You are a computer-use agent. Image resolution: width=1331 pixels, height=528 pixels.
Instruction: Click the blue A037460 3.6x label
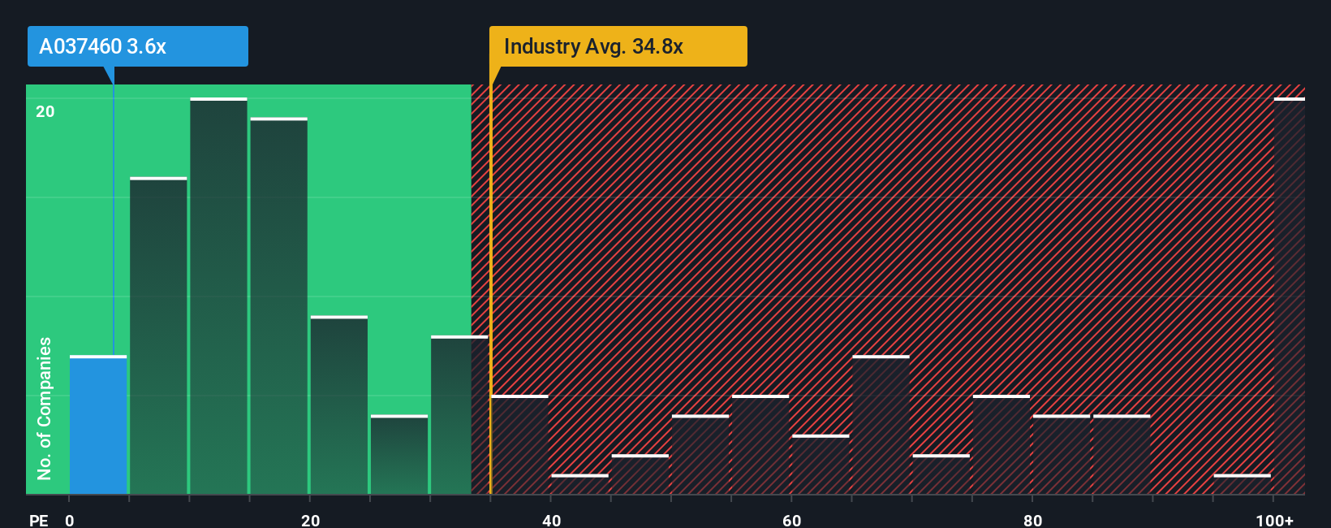click(137, 46)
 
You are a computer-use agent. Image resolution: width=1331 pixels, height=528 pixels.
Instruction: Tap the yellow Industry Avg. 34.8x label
click(617, 46)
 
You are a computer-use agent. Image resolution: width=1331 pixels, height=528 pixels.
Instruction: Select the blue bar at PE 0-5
click(98, 426)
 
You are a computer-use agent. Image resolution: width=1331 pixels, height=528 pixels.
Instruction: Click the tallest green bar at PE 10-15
click(218, 296)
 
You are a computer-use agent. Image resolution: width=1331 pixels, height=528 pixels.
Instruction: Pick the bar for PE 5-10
click(158, 336)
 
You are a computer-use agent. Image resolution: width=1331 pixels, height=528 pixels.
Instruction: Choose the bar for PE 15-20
click(278, 306)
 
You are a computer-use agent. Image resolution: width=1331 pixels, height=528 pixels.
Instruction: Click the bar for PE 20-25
click(339, 405)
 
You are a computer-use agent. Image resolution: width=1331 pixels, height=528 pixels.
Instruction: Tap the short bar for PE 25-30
click(399, 455)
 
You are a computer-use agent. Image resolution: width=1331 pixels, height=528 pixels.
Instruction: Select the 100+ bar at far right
click(1289, 296)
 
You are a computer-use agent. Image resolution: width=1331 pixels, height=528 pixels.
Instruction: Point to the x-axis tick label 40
click(551, 520)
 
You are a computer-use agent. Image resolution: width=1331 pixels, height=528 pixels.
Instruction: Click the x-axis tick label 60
click(792, 520)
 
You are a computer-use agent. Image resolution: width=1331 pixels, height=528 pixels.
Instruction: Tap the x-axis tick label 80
click(1032, 520)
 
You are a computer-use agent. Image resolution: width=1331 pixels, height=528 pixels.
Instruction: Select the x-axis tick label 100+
click(1274, 520)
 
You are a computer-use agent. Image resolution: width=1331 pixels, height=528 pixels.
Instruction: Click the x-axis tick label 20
click(310, 520)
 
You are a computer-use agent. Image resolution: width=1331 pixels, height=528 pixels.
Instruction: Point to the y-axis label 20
click(45, 111)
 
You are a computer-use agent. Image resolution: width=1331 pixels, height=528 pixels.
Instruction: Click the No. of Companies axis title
click(45, 408)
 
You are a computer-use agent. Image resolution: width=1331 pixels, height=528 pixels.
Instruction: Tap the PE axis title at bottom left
click(38, 520)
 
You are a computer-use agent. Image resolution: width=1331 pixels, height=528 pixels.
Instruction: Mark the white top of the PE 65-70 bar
click(881, 357)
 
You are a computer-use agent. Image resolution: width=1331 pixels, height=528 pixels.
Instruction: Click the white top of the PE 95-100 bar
click(1242, 475)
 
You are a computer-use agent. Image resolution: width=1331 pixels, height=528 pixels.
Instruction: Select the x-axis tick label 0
click(70, 520)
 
